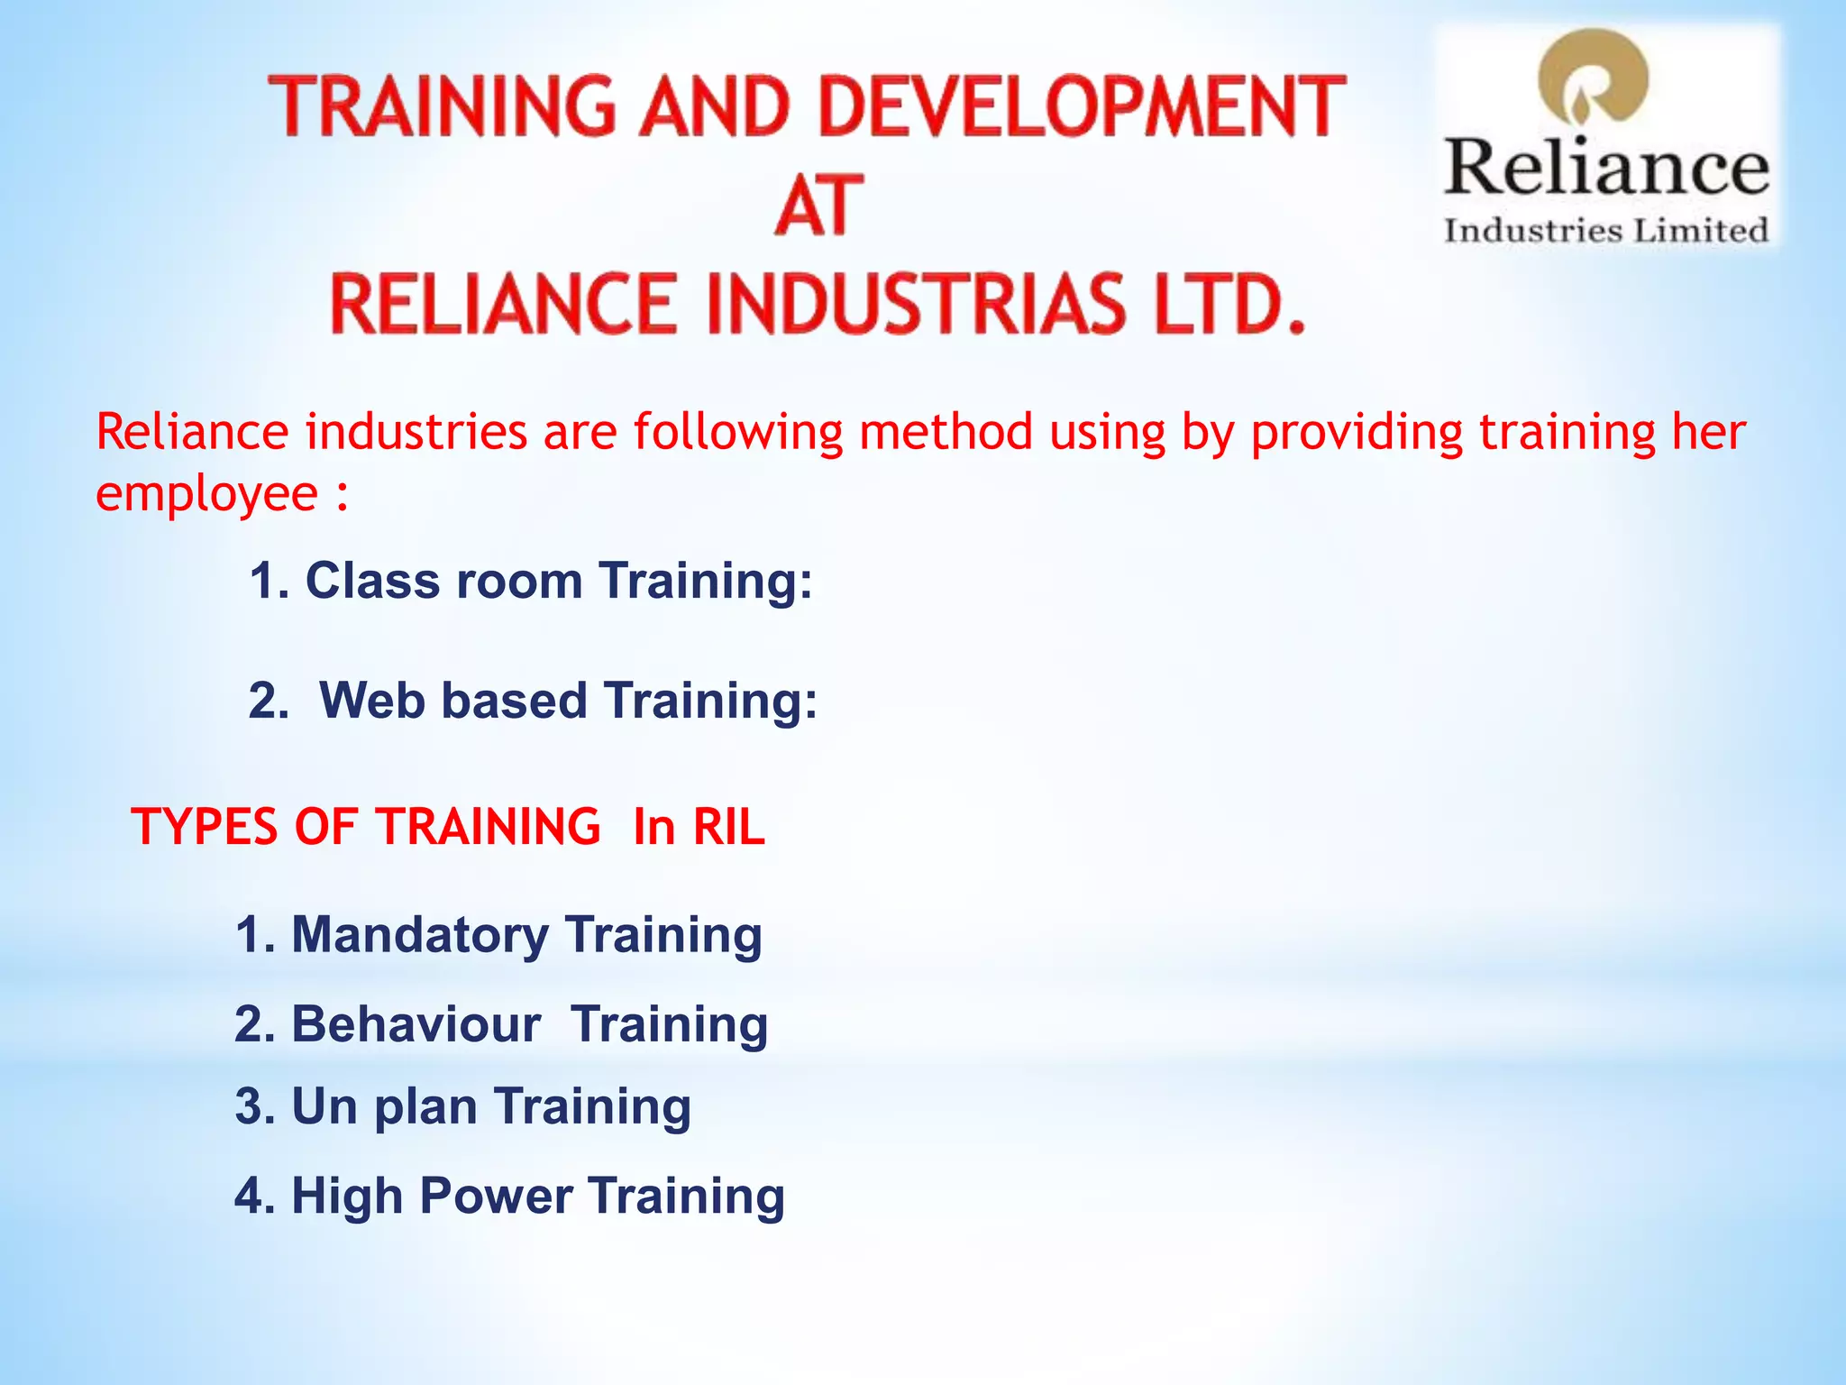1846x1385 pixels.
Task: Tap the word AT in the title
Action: click(x=818, y=206)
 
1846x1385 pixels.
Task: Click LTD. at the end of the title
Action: click(x=1229, y=304)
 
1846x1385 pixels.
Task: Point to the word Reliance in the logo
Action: click(x=1607, y=169)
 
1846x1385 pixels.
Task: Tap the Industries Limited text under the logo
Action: click(x=1606, y=231)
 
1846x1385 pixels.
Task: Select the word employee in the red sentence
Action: click(x=207, y=493)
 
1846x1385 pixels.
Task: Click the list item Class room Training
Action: click(x=532, y=580)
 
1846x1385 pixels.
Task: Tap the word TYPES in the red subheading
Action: click(x=204, y=826)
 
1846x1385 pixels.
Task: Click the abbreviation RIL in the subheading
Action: click(x=728, y=826)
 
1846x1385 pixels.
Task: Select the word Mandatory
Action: click(x=419, y=935)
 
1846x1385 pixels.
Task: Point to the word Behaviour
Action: click(x=416, y=1024)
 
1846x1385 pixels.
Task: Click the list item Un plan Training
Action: click(x=463, y=1106)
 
